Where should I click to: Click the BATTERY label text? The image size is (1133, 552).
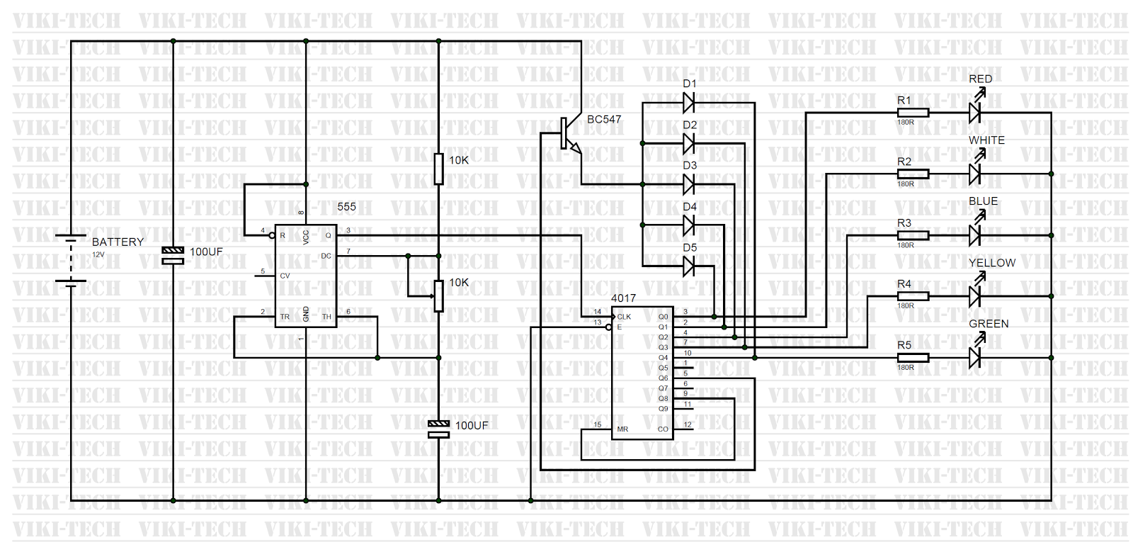tap(118, 242)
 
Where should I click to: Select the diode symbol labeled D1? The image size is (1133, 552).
tap(688, 103)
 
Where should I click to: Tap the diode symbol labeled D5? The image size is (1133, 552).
tap(688, 266)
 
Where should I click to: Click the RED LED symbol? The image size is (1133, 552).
tap(975, 112)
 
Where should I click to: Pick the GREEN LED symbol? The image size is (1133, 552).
tap(975, 357)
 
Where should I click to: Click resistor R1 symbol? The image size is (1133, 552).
tap(913, 112)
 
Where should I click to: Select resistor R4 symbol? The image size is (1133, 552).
tap(913, 296)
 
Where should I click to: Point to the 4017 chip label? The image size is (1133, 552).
tap(623, 298)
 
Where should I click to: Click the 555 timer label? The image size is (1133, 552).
tap(346, 207)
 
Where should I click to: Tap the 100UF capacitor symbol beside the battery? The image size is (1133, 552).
tap(173, 255)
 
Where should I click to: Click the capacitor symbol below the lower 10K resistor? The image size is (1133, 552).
tap(438, 429)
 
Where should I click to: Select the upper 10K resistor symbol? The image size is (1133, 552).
tap(438, 169)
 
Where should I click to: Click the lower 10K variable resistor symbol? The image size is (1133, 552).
tap(438, 295)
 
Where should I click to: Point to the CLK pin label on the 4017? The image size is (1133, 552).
tap(624, 317)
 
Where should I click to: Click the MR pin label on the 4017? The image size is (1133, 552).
tap(622, 429)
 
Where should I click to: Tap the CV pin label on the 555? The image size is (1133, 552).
tap(285, 276)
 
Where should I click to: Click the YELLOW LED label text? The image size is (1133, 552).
tap(991, 263)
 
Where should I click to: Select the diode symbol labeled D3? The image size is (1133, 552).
tap(688, 185)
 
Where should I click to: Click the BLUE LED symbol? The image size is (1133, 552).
tap(975, 235)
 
